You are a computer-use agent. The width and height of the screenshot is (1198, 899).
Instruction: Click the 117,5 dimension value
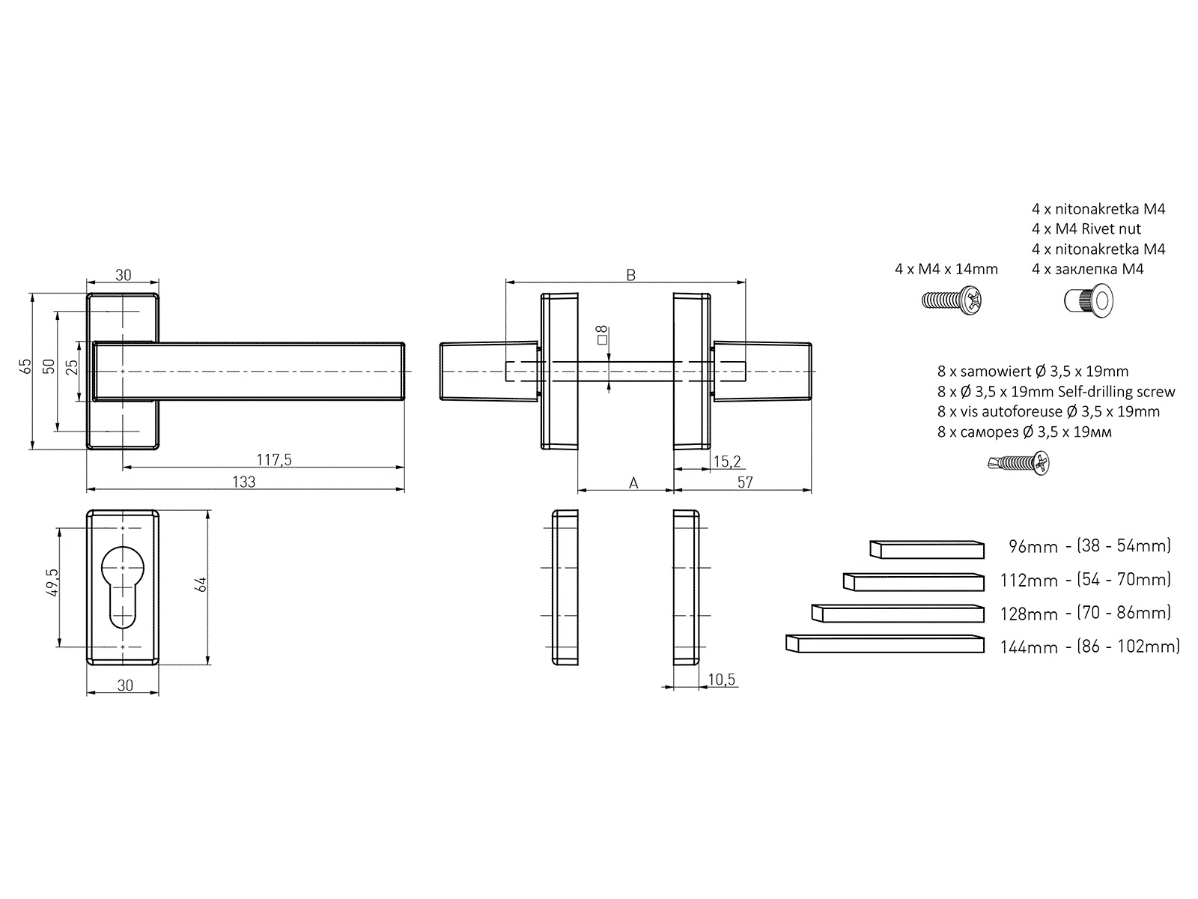coord(274,459)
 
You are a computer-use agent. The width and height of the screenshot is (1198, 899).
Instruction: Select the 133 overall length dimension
coord(243,482)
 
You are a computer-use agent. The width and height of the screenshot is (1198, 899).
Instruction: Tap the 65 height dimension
coord(25,366)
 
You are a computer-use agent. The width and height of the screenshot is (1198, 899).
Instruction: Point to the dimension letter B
coord(631,274)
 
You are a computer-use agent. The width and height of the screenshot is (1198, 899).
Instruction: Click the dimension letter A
coord(633,482)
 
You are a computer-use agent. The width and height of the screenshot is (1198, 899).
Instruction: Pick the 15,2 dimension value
coord(727,461)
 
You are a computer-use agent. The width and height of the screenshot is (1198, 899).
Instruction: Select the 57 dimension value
coord(745,482)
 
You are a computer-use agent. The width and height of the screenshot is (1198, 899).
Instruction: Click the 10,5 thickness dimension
coord(722,679)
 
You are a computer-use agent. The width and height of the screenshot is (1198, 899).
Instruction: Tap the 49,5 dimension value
coord(52,582)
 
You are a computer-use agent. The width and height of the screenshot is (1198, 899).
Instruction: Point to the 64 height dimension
coord(201,584)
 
